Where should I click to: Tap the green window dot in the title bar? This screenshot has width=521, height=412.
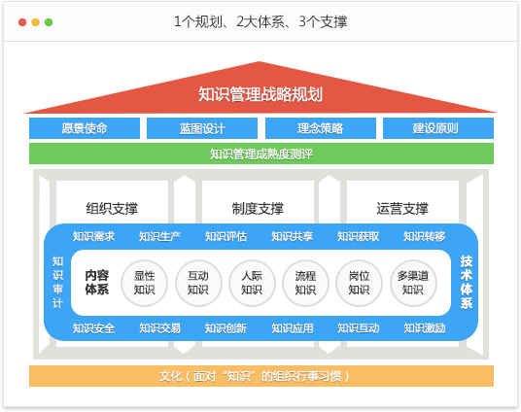(49, 21)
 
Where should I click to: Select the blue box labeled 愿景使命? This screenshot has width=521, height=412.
(85, 128)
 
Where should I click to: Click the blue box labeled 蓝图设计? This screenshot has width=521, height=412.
(202, 128)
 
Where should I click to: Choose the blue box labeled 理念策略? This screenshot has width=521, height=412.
(320, 128)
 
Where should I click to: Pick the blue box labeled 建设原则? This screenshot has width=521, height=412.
(437, 128)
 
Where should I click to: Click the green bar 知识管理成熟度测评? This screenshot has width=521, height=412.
(260, 154)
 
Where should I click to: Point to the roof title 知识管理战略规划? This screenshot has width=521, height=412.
(260, 94)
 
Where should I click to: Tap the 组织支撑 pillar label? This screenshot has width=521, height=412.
(112, 208)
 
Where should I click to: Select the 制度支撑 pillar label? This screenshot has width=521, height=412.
(258, 208)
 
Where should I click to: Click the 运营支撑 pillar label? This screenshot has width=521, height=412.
(402, 208)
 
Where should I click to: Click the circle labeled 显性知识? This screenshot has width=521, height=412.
(145, 283)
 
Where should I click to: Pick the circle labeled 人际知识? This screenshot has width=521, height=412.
(252, 283)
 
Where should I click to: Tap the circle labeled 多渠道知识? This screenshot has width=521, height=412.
(413, 283)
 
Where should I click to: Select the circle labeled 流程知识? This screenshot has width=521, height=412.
(305, 283)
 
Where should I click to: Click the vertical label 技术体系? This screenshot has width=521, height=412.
(467, 282)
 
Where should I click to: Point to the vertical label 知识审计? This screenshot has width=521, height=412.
(57, 282)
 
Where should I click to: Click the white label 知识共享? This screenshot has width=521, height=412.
(292, 236)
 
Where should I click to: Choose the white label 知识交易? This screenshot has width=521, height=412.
(159, 328)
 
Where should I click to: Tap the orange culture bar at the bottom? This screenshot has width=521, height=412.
(260, 376)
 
